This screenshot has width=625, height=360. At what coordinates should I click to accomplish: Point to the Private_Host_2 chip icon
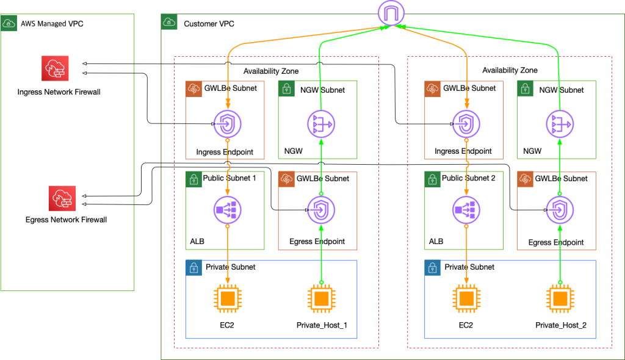560,299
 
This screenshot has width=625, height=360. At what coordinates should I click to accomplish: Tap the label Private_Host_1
322,325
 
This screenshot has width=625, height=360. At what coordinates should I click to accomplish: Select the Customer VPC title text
209,24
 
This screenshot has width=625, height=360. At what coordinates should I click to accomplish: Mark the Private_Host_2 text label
561,325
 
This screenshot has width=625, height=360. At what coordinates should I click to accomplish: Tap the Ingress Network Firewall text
59,92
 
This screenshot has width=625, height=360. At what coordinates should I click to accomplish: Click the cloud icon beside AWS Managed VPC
9,23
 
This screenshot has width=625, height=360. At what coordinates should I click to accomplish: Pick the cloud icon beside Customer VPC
169,23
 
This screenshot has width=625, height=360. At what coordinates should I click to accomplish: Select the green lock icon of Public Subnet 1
193,179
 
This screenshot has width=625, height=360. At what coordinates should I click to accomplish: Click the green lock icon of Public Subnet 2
432,179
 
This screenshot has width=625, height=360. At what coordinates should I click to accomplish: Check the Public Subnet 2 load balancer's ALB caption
436,241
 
